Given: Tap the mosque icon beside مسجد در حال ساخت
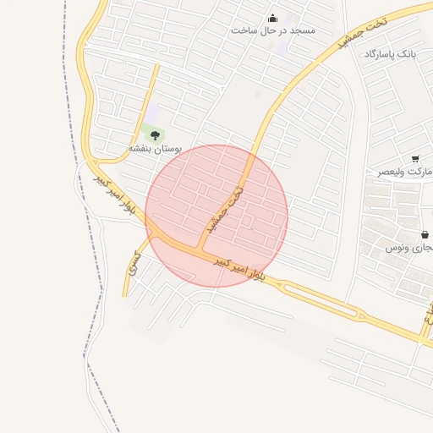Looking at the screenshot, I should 272,18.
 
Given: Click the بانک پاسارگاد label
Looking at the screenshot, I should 390,54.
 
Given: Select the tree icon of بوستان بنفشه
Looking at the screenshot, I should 154,135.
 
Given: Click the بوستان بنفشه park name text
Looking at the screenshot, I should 155,148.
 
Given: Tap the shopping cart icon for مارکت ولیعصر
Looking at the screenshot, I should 415,159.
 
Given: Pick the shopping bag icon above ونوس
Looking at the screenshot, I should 425,234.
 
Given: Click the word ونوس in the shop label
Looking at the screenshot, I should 397,248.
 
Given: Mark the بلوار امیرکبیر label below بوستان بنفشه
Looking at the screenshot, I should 114,196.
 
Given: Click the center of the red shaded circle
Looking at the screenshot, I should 216,216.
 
